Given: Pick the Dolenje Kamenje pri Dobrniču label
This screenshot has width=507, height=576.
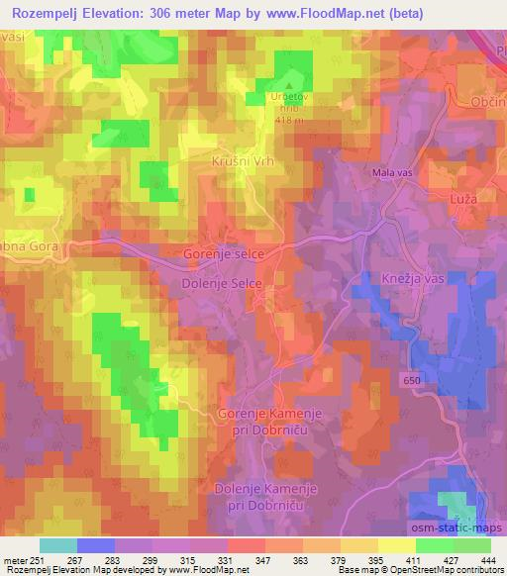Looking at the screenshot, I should tap(263, 496).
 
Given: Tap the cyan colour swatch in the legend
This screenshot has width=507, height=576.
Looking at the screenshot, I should tap(58, 545).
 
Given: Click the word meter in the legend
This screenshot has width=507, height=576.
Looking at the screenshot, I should tap(14, 560).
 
